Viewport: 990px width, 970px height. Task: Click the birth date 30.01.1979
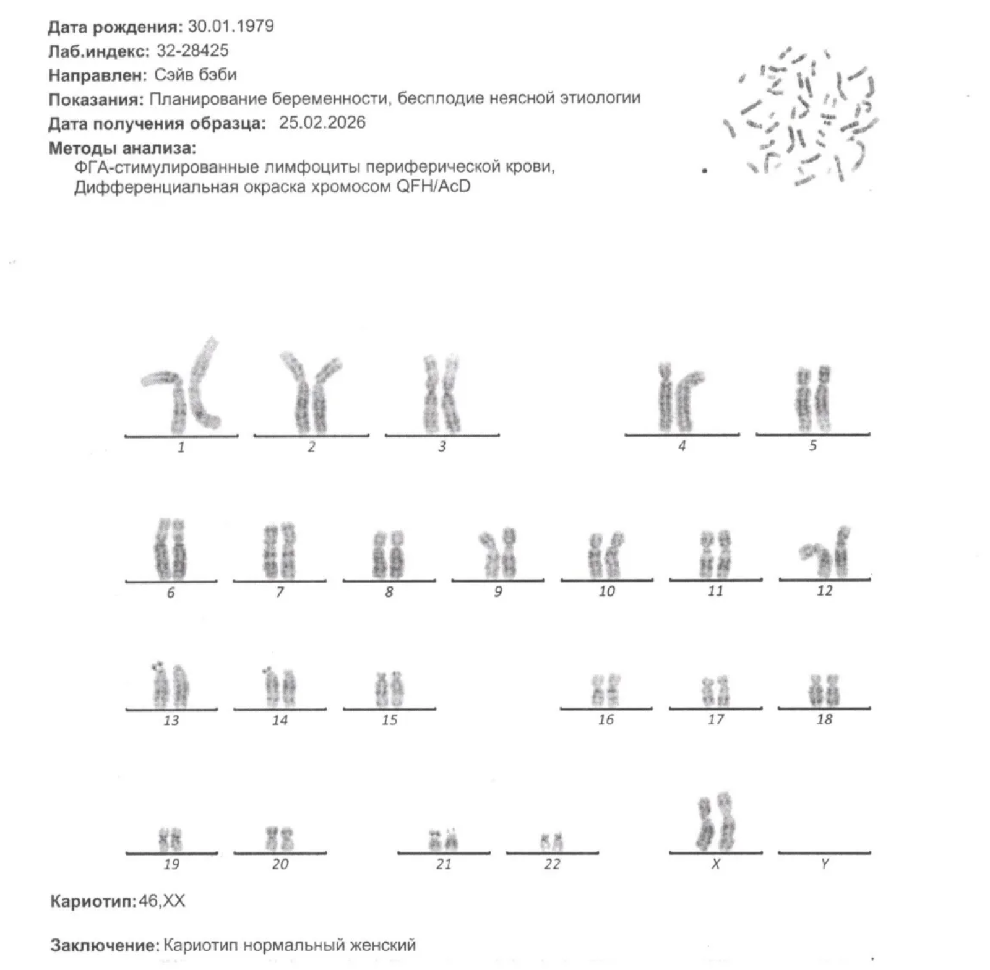[231, 27]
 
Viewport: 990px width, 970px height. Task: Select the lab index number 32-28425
[192, 51]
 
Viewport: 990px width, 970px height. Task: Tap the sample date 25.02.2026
[322, 122]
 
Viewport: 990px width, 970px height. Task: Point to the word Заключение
[106, 945]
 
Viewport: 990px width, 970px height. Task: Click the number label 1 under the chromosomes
[181, 447]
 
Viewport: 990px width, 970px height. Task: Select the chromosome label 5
[813, 445]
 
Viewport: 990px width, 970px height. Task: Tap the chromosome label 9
[498, 592]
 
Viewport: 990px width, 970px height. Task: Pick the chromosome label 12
[824, 591]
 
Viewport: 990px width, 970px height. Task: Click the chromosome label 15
[389, 719]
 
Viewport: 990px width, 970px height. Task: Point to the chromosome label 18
[824, 719]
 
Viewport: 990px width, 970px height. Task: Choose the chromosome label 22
[552, 864]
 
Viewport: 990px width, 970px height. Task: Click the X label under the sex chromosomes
[716, 864]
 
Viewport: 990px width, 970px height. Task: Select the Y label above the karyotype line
[824, 864]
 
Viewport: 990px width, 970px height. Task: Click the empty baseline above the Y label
[824, 852]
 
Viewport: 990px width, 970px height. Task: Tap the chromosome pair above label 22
[551, 841]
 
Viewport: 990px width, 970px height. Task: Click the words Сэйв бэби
[196, 75]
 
